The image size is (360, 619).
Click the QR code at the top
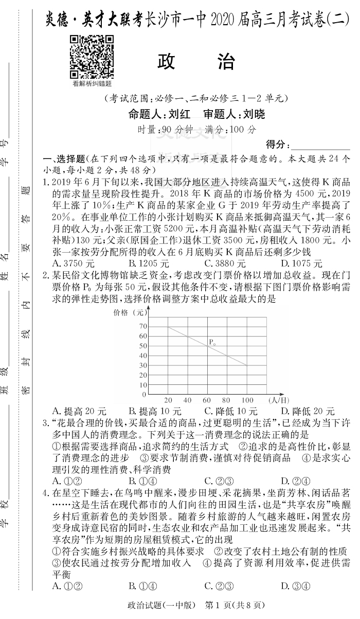click(x=92, y=57)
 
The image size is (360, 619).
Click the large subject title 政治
click(x=196, y=61)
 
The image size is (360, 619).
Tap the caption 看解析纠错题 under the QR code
click(x=92, y=83)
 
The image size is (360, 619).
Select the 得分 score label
click(x=278, y=144)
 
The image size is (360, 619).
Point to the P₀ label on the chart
click(x=211, y=342)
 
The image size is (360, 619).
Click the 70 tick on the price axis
click(x=142, y=326)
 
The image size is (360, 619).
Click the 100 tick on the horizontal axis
click(x=247, y=400)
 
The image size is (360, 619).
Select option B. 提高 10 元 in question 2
click(x=155, y=412)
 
